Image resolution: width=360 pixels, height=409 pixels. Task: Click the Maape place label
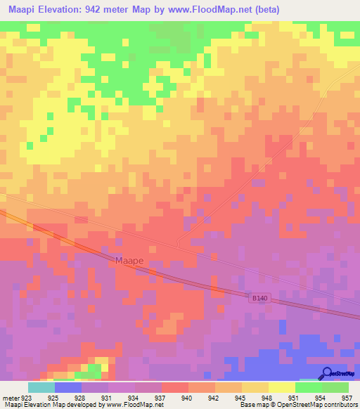[x=129, y=261]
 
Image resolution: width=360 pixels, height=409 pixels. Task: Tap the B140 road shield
[x=259, y=298]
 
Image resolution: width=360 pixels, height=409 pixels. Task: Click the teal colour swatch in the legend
[x=41, y=387]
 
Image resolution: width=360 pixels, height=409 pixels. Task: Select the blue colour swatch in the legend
[x=67, y=387]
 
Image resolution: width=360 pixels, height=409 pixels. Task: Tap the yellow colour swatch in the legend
[x=281, y=387]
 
